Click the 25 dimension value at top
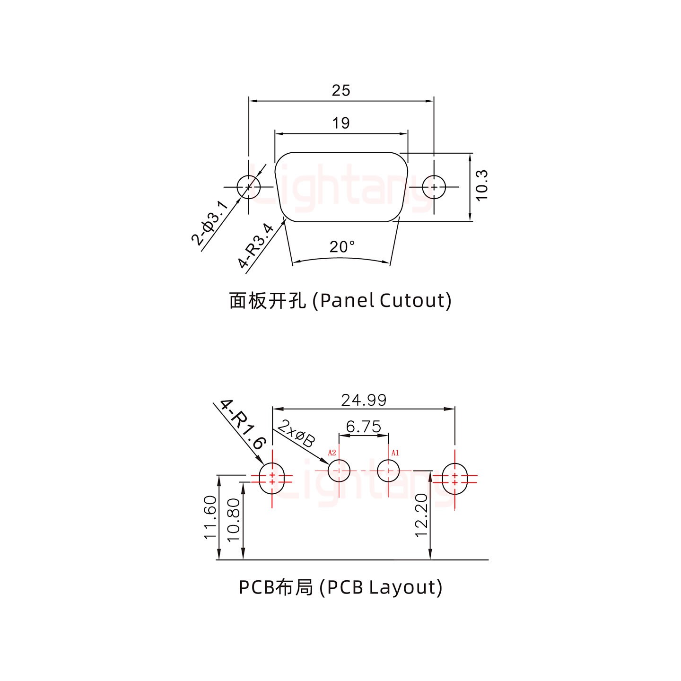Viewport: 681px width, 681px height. (x=340, y=90)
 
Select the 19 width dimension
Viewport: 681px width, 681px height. (x=340, y=123)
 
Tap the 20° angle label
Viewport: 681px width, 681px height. (x=342, y=246)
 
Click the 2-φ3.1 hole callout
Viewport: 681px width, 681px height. (x=210, y=223)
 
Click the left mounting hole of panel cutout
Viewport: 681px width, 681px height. (x=249, y=187)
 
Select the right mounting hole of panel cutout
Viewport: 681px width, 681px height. (x=434, y=187)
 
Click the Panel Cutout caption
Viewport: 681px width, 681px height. (x=340, y=300)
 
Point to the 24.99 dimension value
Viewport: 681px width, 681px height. (x=364, y=400)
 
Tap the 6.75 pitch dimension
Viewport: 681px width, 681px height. (x=363, y=427)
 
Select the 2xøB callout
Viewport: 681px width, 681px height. (x=296, y=433)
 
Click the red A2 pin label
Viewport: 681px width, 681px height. (x=332, y=453)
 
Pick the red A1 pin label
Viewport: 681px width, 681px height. (x=395, y=453)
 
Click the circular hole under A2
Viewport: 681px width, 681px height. (x=339, y=471)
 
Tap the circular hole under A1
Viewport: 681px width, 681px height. (x=388, y=471)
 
